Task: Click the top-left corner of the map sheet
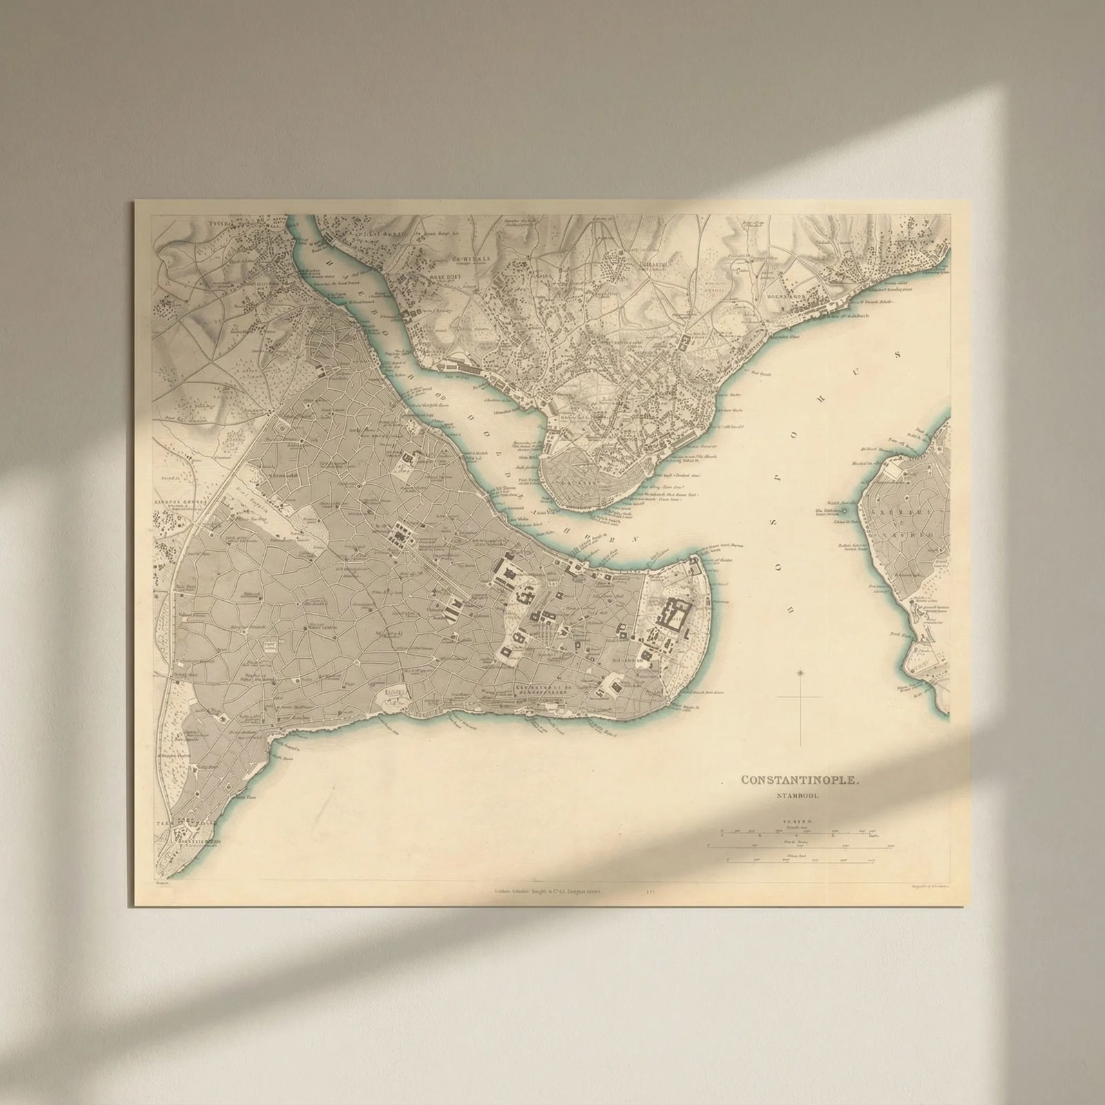click(x=135, y=202)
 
